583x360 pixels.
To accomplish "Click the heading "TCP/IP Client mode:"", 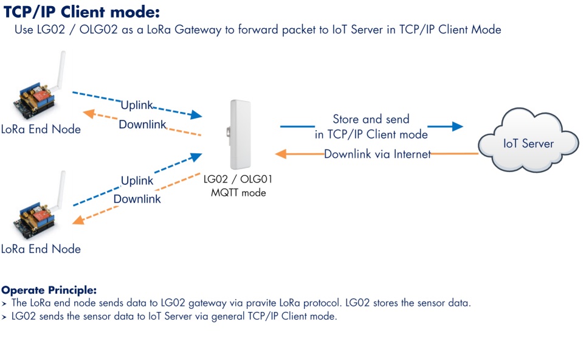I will pyautogui.click(x=81, y=12).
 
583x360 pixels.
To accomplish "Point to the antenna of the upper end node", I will pyautogui.click(x=60, y=70).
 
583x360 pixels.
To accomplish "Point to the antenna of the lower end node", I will pyautogui.click(x=60, y=189).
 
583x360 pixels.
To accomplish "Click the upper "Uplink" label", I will pyautogui.click(x=137, y=105).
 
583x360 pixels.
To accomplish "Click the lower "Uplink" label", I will pyautogui.click(x=137, y=181).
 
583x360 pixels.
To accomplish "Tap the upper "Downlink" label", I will pyautogui.click(x=142, y=125).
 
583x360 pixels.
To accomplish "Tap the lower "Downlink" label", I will pyautogui.click(x=137, y=199).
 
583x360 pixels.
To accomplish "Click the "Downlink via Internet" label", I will pyautogui.click(x=377, y=154).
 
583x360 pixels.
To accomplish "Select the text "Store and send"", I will pyautogui.click(x=371, y=119).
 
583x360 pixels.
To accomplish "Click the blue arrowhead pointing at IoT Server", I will pyautogui.click(x=457, y=126).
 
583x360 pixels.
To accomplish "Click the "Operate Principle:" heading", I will pyautogui.click(x=49, y=290).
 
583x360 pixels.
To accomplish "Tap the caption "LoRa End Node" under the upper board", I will pyautogui.click(x=41, y=129).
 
